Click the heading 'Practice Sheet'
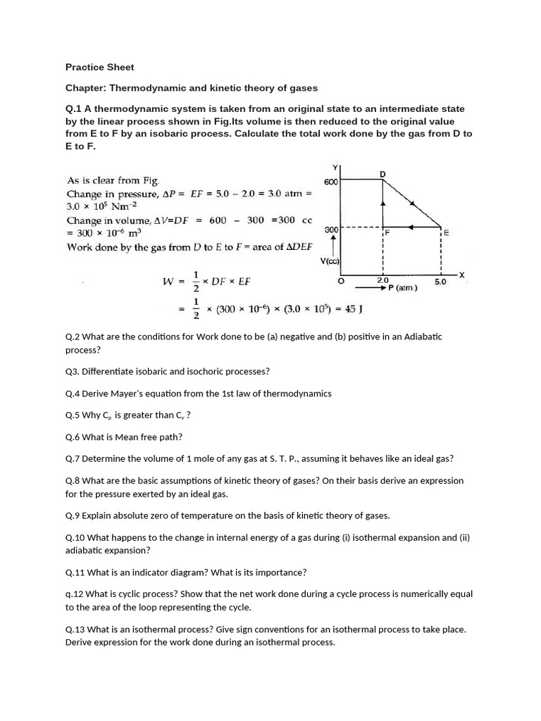coord(99,67)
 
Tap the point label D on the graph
coord(383,173)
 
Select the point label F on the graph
coord(387,232)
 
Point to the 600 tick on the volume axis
coord(331,182)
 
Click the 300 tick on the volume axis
coord(331,230)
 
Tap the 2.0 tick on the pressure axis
coord(383,280)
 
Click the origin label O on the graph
coord(341,280)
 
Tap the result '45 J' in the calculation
coord(352,308)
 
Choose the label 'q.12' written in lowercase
coord(75,594)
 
